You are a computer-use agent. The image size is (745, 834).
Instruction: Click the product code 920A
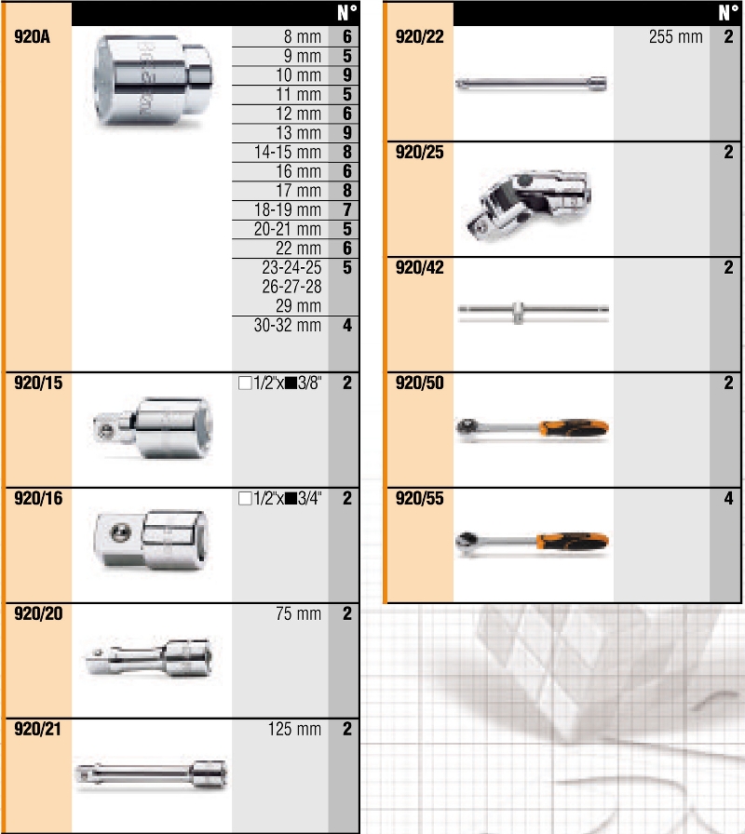32,36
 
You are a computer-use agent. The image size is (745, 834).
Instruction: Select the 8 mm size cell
303,36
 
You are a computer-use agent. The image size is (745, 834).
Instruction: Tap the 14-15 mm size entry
288,152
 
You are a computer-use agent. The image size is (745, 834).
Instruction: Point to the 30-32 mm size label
288,325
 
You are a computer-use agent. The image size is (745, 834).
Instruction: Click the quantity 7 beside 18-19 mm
347,209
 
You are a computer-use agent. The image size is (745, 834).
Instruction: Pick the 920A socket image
154,81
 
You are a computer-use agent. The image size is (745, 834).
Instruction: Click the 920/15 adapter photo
152,428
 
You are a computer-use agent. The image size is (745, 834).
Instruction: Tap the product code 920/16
38,498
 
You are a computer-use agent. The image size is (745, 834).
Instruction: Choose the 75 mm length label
299,613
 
